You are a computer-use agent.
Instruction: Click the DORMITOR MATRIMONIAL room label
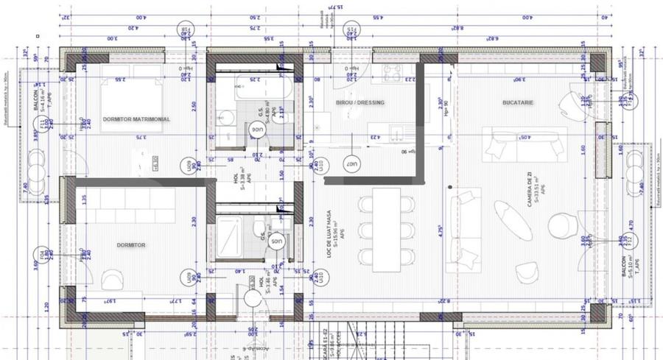pos(136,119)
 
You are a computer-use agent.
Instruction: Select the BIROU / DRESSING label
pos(359,102)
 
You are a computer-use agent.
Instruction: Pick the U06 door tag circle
pos(257,130)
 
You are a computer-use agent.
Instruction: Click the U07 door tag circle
pos(353,163)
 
